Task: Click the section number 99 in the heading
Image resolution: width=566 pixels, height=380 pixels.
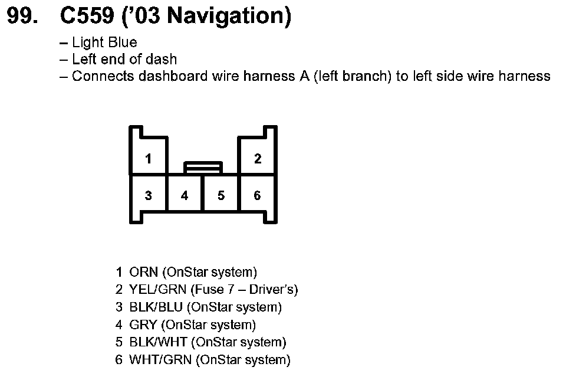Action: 22,17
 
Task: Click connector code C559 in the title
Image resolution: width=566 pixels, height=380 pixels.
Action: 87,17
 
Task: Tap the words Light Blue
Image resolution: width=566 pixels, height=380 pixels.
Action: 104,42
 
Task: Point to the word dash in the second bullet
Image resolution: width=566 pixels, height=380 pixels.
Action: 163,59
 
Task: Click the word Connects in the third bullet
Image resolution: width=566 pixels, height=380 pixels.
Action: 100,76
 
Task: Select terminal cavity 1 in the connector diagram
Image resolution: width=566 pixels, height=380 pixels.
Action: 149,159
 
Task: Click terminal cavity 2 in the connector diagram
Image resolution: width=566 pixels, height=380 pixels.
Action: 258,159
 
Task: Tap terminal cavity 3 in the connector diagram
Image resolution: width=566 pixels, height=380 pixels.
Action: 149,195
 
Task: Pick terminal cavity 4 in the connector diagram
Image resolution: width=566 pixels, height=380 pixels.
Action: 185,195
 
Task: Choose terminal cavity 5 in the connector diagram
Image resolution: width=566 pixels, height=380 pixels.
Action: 221,195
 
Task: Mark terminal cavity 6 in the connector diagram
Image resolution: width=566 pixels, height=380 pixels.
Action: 258,195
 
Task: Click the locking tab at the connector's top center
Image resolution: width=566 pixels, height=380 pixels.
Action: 203,168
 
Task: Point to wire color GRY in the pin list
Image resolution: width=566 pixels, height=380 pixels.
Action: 143,325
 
